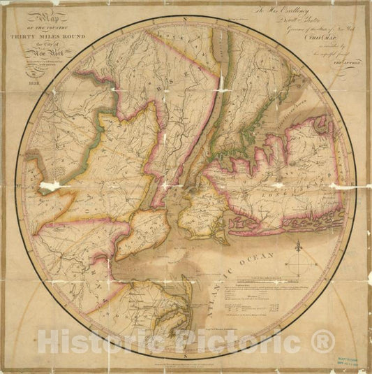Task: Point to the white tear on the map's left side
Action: click(50, 186)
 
